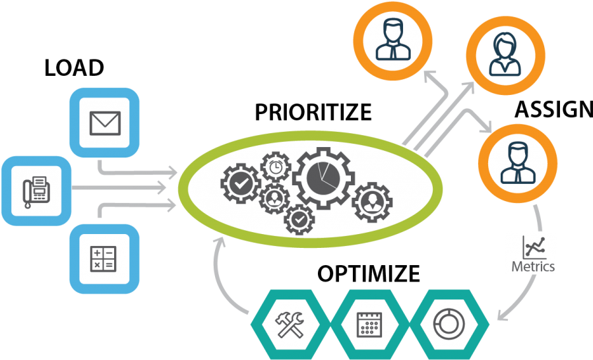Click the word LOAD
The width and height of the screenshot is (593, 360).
[74, 68]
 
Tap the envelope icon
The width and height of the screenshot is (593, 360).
[105, 123]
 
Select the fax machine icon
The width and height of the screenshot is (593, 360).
[36, 192]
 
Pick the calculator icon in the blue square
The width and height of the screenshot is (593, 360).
[104, 259]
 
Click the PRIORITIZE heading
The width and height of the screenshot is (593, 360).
[313, 112]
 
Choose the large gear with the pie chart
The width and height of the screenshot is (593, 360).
[323, 178]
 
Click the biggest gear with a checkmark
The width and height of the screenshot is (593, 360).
[241, 184]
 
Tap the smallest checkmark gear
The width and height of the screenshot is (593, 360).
[299, 220]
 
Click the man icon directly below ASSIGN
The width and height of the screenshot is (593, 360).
[517, 163]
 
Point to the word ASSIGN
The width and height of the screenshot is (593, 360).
[553, 109]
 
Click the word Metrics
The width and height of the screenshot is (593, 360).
[533, 266]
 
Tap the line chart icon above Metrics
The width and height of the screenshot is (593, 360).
[534, 247]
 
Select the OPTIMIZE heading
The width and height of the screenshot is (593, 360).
[368, 274]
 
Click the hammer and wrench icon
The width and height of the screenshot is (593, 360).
[290, 324]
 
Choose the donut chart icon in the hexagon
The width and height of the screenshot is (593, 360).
[449, 324]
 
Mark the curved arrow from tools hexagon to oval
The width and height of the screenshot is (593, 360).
[220, 280]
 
